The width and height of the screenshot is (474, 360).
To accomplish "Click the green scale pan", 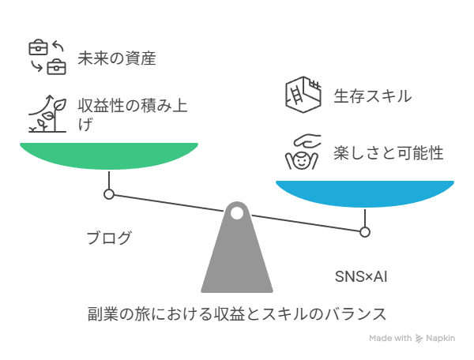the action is (109, 156).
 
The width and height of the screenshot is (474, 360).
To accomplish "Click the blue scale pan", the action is (365, 193).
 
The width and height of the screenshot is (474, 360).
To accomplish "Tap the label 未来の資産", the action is (117, 58).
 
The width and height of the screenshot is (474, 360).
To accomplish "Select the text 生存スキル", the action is (373, 96).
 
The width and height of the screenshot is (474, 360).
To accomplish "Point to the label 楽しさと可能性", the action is (389, 152).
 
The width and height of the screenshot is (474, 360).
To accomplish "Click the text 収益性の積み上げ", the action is (133, 114).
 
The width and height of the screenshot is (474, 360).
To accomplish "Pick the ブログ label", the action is (109, 238).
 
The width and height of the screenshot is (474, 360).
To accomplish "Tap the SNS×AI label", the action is (361, 276).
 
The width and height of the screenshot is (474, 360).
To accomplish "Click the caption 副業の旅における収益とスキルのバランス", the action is (237, 314).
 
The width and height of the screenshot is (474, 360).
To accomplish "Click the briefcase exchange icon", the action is (47, 57).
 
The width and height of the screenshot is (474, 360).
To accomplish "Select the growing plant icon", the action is (47, 114).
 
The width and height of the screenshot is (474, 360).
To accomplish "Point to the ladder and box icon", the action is (303, 95).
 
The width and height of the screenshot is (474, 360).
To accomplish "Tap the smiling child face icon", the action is (302, 160).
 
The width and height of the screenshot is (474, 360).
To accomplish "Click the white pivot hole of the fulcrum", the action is (237, 213).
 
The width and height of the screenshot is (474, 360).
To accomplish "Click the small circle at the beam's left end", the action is (109, 194).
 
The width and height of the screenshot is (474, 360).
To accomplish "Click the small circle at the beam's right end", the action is (365, 232).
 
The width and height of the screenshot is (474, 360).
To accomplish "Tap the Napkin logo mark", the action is (419, 339).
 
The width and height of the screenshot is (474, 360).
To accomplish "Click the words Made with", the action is (390, 338).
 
